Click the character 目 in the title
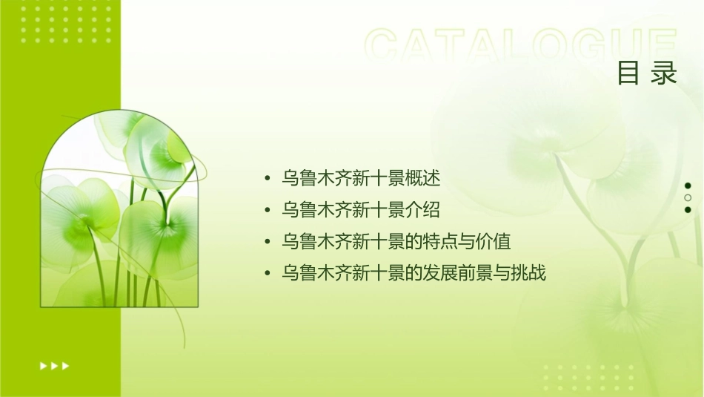tap(628, 73)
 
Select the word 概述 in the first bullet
tap(424, 178)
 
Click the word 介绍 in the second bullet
tap(424, 210)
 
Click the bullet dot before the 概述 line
tap(268, 179)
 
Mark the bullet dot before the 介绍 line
tap(268, 211)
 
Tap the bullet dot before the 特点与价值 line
tap(268, 243)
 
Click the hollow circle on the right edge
tap(688, 197)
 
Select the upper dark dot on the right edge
tap(688, 186)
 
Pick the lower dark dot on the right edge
tap(688, 209)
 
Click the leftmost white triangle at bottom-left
tap(42, 365)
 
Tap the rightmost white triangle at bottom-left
tap(66, 365)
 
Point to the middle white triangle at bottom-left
tap(54, 365)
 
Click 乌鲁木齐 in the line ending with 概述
tap(308, 178)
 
